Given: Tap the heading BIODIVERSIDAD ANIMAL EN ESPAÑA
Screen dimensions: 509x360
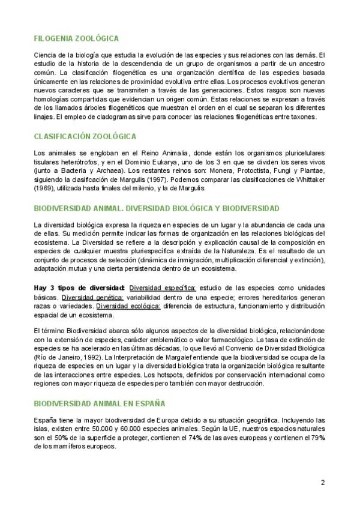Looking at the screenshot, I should (x=99, y=403).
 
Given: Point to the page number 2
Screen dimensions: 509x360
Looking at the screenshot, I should (x=322, y=482).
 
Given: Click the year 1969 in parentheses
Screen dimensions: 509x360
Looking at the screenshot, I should (x=45, y=188).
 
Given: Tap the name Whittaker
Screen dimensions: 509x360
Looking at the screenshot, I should (x=309, y=179).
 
